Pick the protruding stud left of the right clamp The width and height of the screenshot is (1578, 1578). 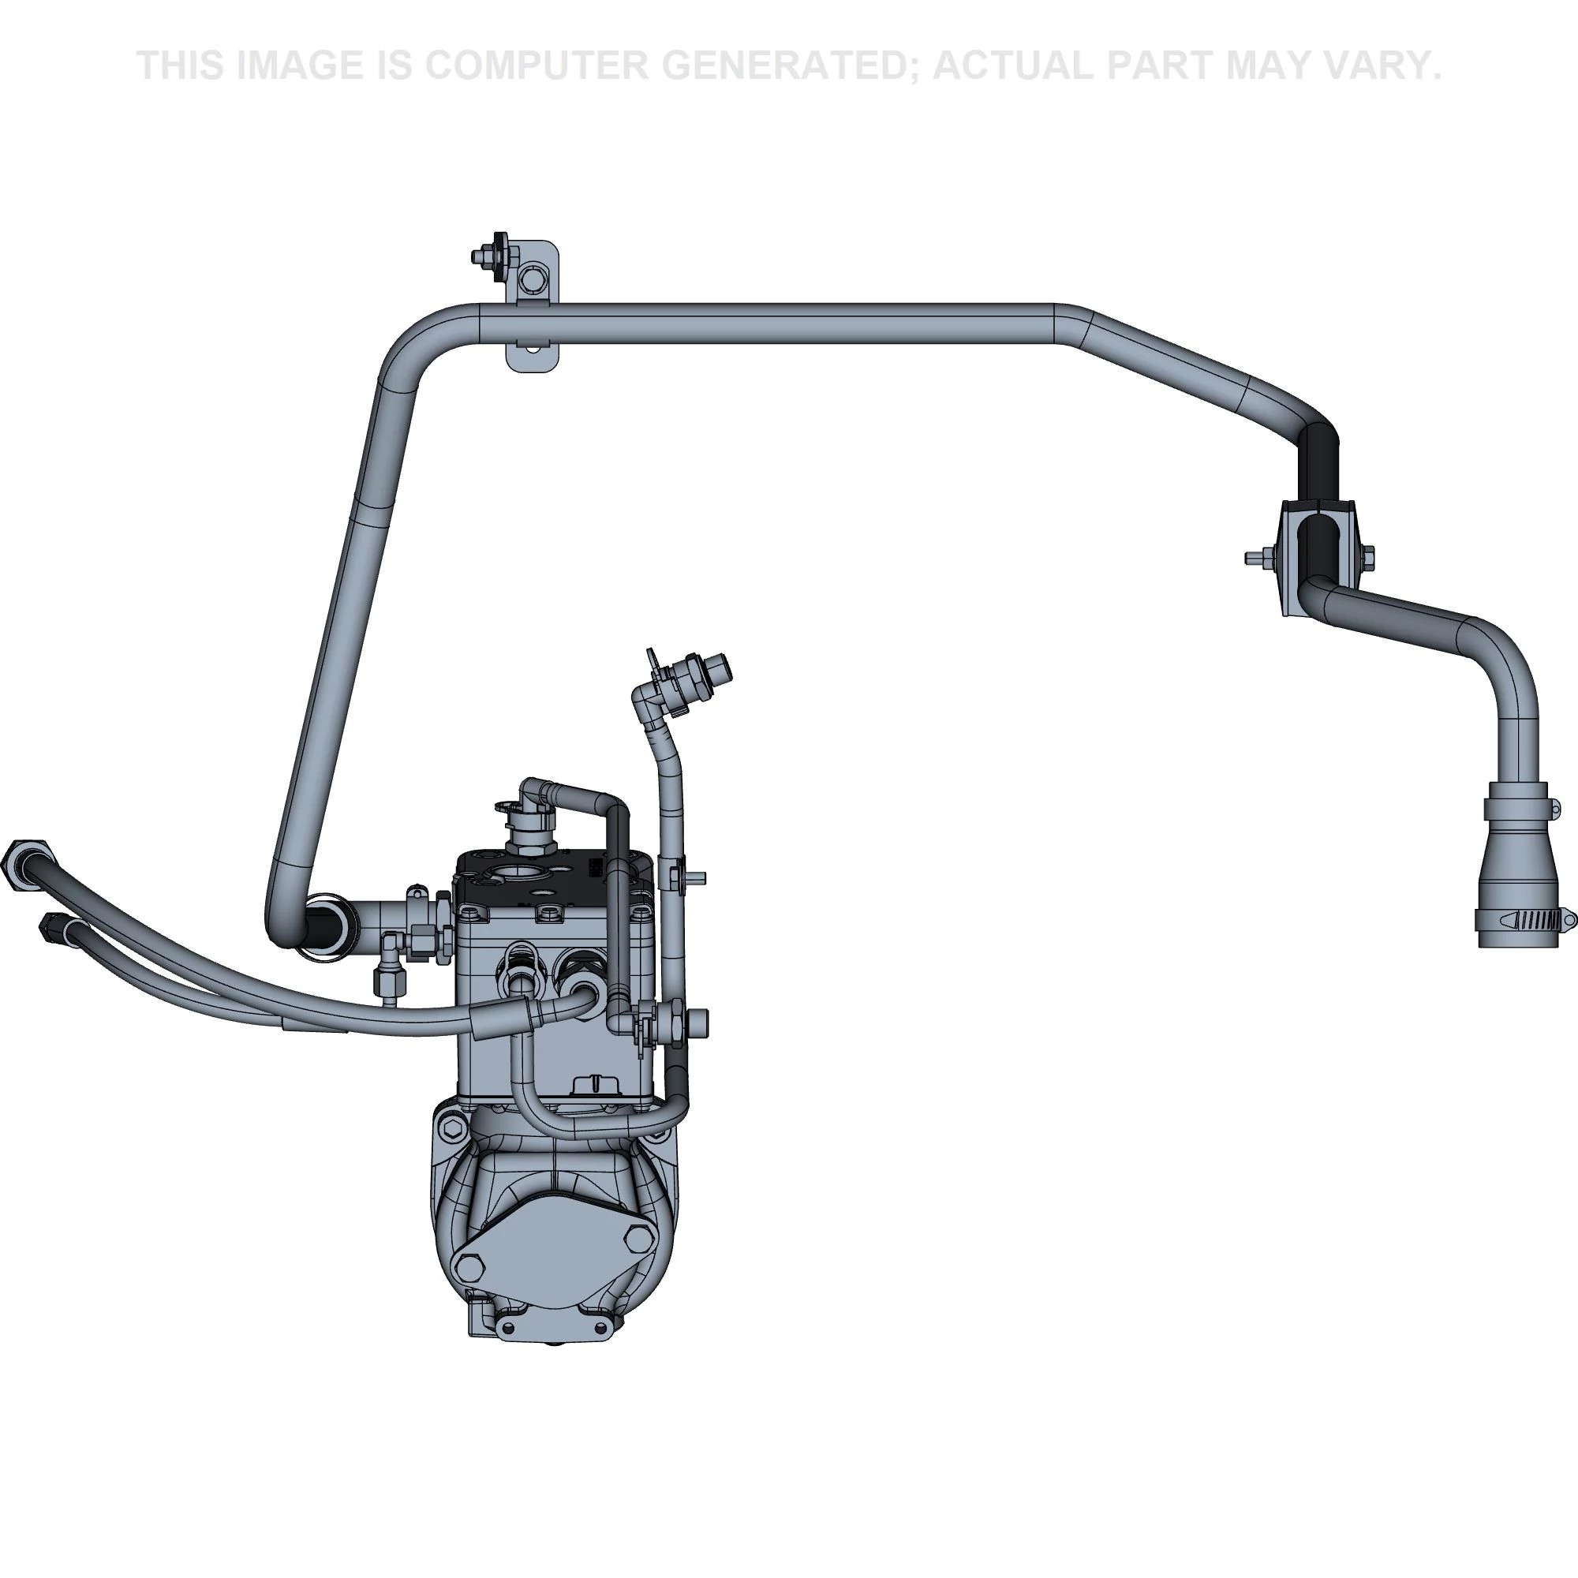tap(1253, 559)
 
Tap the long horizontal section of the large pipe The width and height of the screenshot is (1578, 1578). tap(768, 323)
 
